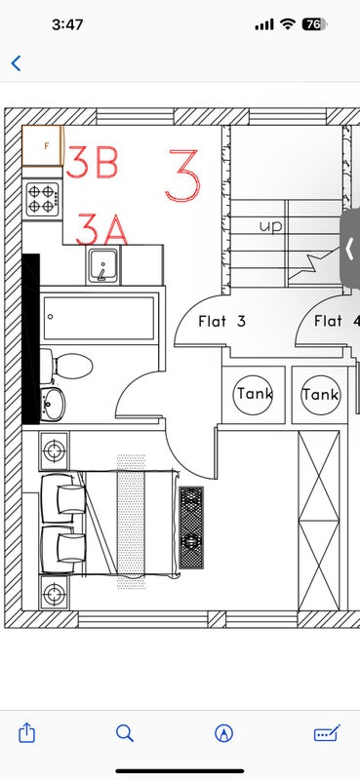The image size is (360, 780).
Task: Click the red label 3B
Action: coord(92,162)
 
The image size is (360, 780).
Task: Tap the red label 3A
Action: coord(101,229)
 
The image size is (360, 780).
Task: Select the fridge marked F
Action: coord(43,145)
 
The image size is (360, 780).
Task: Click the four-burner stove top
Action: coord(42,199)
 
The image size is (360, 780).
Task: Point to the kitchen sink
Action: coord(103,265)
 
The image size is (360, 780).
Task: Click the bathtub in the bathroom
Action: coord(100,318)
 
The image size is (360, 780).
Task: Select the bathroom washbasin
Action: coord(53,404)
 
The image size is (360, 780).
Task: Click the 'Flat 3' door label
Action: coord(222,322)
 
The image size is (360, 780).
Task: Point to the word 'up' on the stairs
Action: coord(271,227)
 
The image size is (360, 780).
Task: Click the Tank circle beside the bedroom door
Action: coord(254,395)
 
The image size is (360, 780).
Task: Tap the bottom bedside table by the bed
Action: coord(55,594)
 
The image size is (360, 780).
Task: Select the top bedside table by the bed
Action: coord(55,450)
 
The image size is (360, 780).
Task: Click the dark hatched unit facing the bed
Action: coord(191,527)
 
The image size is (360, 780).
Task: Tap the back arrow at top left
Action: coord(16,63)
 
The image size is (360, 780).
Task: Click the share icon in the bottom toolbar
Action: coord(26,733)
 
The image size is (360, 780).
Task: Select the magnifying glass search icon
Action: coord(125,733)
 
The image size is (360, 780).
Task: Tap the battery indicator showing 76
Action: coord(315,24)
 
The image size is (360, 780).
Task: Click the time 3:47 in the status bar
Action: coord(67,24)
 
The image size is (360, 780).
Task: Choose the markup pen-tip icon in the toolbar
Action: coord(224,733)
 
